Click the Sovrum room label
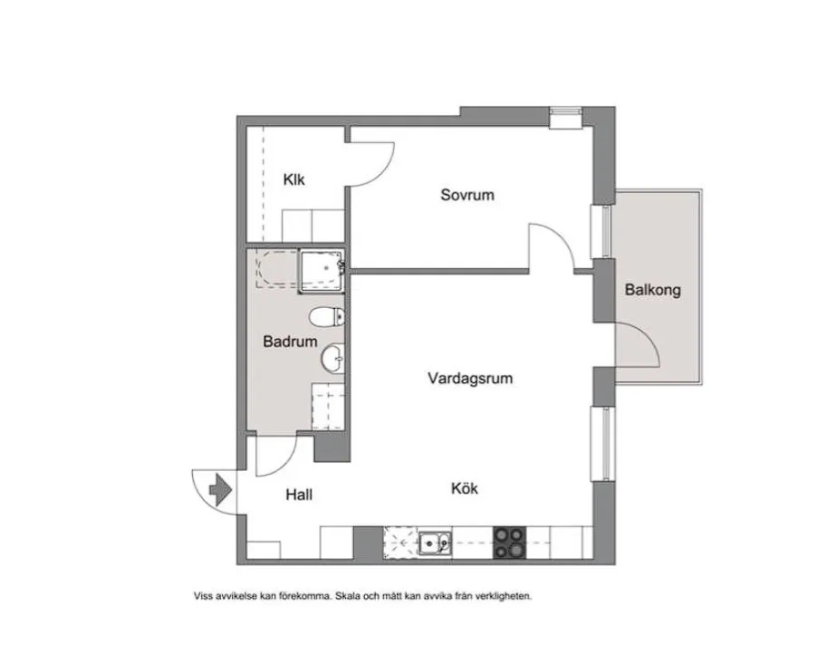pyautogui.click(x=467, y=195)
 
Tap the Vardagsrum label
pyautogui.click(x=470, y=378)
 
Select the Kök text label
pyautogui.click(x=465, y=489)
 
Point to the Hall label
pyautogui.click(x=299, y=495)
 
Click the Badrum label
pyautogui.click(x=290, y=342)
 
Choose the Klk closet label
pyautogui.click(x=294, y=180)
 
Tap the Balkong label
pyautogui.click(x=652, y=290)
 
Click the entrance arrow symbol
pyautogui.click(x=220, y=490)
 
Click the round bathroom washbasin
pyautogui.click(x=332, y=359)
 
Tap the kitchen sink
pyautogui.click(x=435, y=543)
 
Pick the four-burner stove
pyautogui.click(x=509, y=543)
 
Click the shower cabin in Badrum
pyautogui.click(x=322, y=270)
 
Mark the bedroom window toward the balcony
pyautogui.click(x=604, y=232)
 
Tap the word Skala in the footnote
pyautogui.click(x=348, y=596)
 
